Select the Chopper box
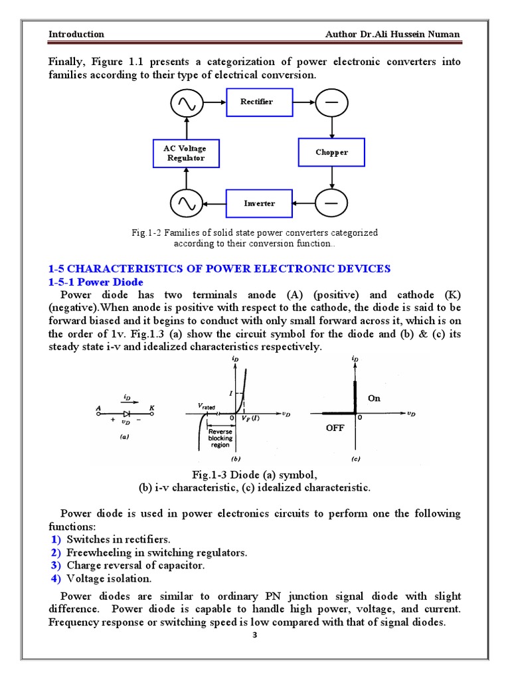tap(331, 153)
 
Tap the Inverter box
tap(258, 203)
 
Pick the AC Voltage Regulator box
tap(185, 153)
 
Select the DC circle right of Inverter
tap(330, 203)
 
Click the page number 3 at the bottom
tap(254, 636)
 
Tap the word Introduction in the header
tap(76, 35)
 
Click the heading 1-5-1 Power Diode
tap(96, 282)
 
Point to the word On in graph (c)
tap(374, 398)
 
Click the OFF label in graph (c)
tap(335, 428)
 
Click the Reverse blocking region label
tap(220, 438)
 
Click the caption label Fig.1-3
tap(209, 475)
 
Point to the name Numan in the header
tap(442, 35)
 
